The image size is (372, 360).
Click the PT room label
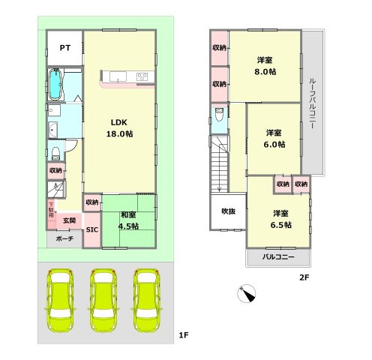65,48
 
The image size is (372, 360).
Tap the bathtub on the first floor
55,85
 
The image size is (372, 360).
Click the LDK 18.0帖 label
119,128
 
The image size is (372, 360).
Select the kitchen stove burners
142,76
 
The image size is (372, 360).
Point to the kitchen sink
118,76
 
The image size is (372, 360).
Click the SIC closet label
92,229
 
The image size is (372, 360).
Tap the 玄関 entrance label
69,220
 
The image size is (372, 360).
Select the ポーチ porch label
64,238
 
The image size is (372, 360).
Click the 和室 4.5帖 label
128,220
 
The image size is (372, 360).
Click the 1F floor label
184,335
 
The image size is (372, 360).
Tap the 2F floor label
304,277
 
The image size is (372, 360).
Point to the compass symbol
247,293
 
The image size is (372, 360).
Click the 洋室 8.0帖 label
265,66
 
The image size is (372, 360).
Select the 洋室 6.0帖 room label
274,139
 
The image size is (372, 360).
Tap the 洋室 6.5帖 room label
280,219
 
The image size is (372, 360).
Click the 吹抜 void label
228,211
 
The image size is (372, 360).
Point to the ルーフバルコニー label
313,103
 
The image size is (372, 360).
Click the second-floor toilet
219,114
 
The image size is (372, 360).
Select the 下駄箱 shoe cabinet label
51,209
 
